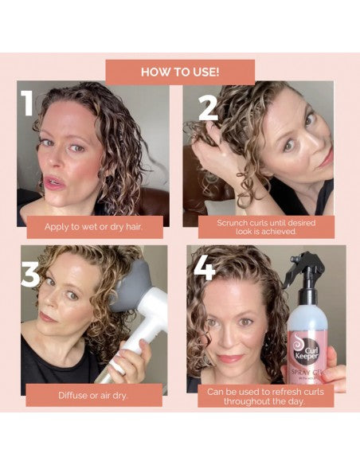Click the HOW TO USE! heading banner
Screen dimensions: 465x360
180,72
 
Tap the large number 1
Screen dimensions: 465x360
29,103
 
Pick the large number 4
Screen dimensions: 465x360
205,268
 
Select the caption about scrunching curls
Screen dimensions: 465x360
266,228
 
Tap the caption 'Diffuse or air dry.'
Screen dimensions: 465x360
94,394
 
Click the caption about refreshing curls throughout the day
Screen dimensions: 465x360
266,397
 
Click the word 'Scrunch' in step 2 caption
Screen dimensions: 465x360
231,223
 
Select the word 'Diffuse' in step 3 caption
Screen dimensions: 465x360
73,394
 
